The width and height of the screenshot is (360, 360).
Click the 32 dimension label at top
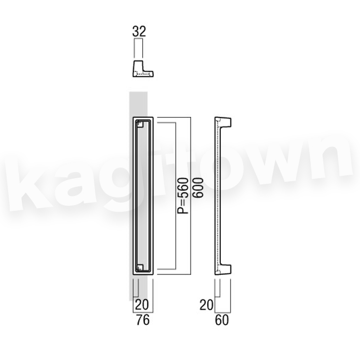pos(139,31)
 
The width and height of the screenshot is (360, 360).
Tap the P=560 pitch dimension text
pos(183,195)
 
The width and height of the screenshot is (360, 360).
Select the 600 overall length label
pos(198,187)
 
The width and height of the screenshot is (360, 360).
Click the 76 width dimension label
pos(143,320)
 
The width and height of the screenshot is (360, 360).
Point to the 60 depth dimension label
pos(222,320)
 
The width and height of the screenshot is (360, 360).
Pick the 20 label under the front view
pos(142,305)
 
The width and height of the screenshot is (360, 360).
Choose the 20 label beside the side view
pos(206,305)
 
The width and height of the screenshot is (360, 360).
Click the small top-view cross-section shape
pos(143,69)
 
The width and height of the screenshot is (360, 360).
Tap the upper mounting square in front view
pos(140,124)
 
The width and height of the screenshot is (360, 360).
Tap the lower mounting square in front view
pos(140,268)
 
